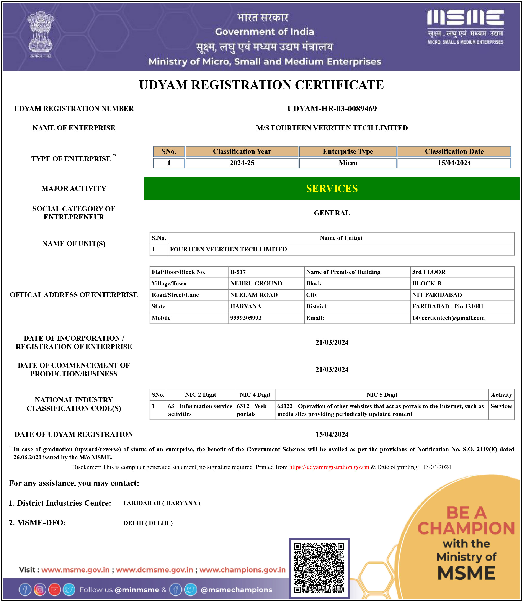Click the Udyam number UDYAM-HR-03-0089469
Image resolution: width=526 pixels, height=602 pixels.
(x=332, y=109)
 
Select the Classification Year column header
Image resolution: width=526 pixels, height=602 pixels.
(x=242, y=151)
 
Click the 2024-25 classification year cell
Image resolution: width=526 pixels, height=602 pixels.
(x=242, y=163)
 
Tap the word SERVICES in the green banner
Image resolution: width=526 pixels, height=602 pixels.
(x=332, y=188)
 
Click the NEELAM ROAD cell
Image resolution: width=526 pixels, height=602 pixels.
(x=254, y=295)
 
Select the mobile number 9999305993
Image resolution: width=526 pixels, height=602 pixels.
(x=246, y=318)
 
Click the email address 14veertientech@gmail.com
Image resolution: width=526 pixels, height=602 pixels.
(x=448, y=318)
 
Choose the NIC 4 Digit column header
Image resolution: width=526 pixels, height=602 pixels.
(x=255, y=395)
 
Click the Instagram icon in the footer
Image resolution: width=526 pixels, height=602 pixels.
(x=40, y=590)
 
